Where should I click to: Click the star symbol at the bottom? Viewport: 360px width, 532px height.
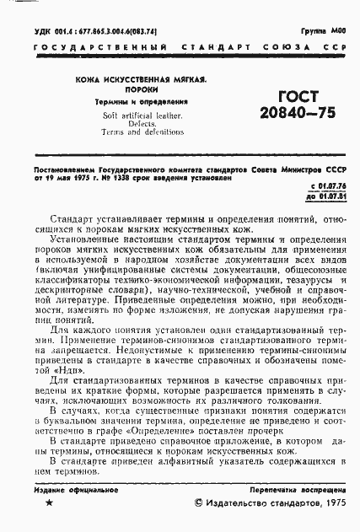[48, 503]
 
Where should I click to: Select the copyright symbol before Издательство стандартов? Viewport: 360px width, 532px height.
[200, 503]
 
